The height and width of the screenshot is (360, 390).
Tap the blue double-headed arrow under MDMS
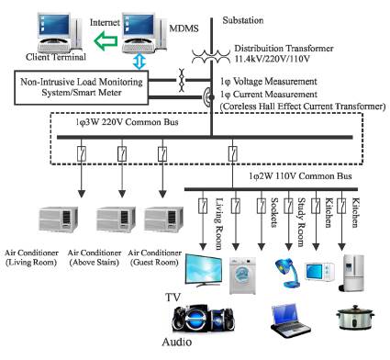click(x=139, y=61)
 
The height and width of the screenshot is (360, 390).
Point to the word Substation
click(x=249, y=16)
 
